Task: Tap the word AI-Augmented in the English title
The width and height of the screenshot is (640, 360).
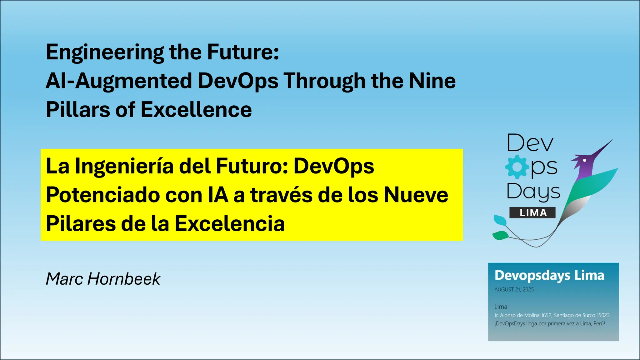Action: coord(118,81)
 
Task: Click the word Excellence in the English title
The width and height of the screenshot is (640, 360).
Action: coord(196,110)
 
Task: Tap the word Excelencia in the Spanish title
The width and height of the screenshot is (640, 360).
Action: coord(229,224)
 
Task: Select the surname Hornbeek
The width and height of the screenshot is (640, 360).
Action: coord(124,279)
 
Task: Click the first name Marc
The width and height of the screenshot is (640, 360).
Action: coord(64,279)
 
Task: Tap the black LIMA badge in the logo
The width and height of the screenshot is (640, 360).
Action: coord(532,213)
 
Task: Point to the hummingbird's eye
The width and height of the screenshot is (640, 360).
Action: coord(584,160)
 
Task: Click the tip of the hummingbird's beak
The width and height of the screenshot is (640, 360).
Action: coord(612,140)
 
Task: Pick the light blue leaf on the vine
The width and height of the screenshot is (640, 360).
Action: coord(500,220)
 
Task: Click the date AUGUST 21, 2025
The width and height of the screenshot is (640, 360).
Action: coord(514,290)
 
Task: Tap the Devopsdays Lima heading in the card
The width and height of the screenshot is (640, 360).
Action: coord(549,276)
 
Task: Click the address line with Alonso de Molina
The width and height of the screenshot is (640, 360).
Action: coord(552,315)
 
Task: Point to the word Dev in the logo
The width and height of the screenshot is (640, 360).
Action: coord(530,143)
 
